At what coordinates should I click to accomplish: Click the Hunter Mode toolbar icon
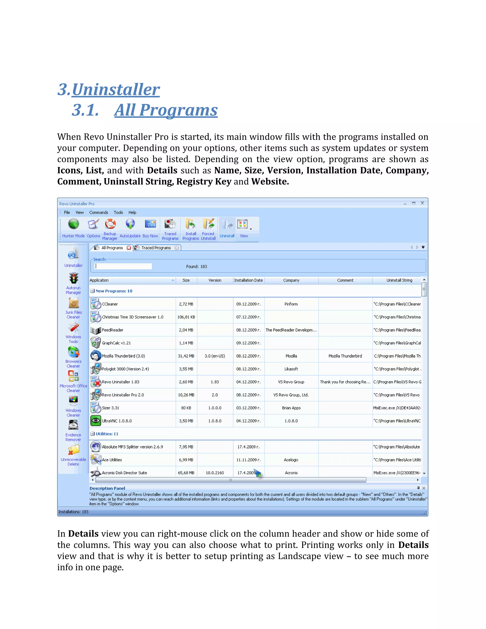coord(73,224)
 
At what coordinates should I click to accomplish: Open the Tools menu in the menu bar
coord(118,212)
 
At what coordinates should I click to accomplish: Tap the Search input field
coord(123,266)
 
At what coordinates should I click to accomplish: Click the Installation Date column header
coord(248,280)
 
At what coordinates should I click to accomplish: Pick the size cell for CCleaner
coord(186,304)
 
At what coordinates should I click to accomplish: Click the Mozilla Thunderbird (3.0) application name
coord(123,356)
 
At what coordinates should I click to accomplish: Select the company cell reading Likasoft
coord(291,369)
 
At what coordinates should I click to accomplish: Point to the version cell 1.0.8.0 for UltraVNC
coord(215,421)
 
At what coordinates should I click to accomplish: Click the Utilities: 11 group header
coord(107,434)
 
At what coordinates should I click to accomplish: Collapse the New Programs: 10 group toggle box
coord(92,291)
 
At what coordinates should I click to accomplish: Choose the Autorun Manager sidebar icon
coord(73,278)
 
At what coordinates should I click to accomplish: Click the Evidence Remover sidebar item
coord(73,431)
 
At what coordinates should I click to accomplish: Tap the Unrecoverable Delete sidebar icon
coord(73,450)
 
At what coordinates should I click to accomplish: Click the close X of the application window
coord(422,203)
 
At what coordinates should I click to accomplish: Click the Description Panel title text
coord(107,488)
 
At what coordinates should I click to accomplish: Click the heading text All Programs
coord(166,110)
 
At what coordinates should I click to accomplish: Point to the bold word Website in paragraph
coord(270,181)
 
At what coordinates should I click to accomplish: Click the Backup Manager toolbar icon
coord(110,224)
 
